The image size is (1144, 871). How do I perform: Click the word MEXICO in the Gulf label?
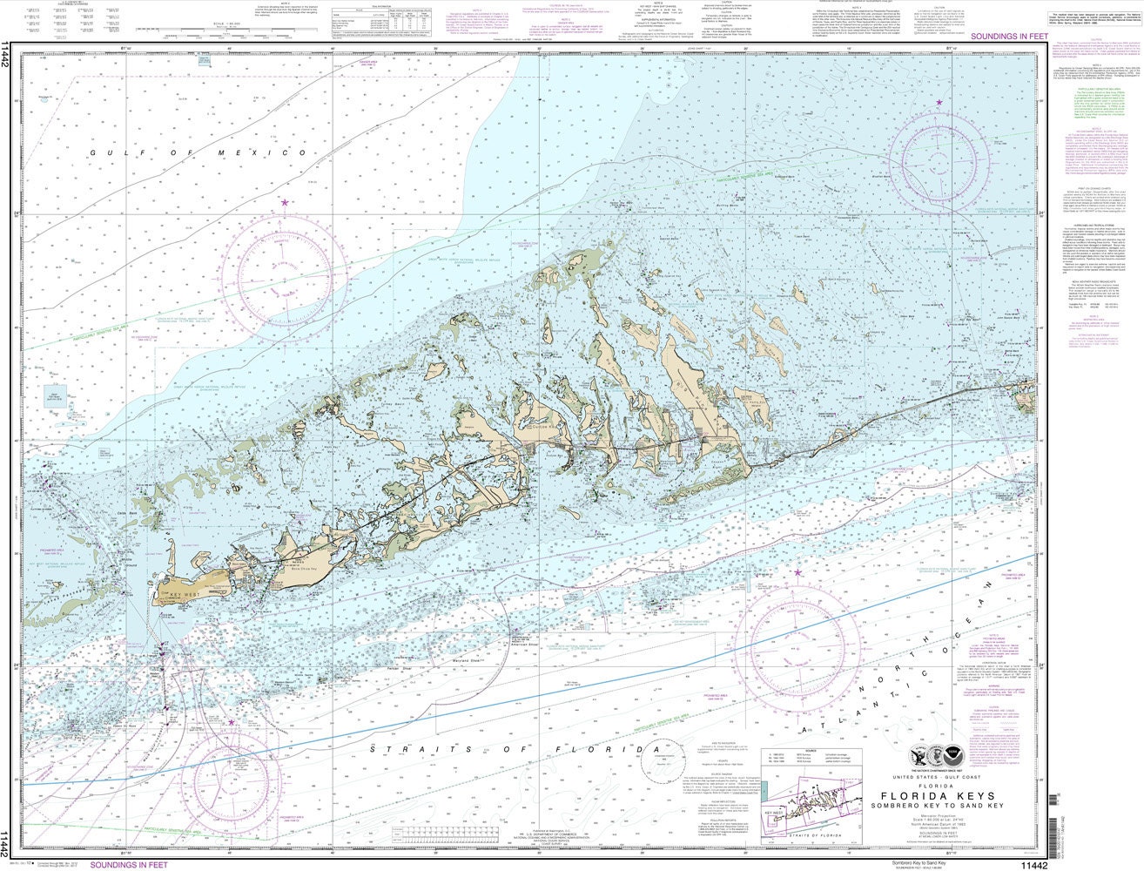pos(270,153)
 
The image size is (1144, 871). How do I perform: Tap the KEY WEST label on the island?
pos(185,594)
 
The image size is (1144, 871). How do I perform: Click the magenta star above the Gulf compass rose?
pos(285,202)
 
